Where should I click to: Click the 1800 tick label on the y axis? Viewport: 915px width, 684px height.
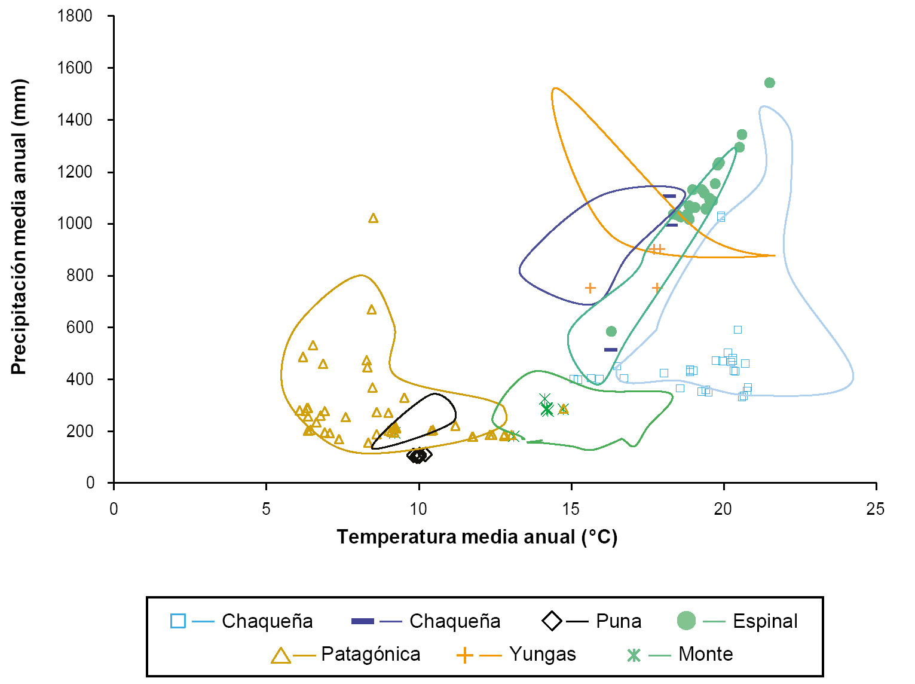pos(75,16)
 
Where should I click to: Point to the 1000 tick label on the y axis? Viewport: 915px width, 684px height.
pos(75,224)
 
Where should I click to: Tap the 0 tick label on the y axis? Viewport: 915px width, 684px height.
pos(90,483)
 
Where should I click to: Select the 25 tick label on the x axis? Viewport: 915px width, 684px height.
pos(876,509)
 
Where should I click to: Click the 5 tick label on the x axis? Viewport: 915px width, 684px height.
pos(266,509)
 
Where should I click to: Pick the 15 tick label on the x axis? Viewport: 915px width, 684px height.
pos(571,509)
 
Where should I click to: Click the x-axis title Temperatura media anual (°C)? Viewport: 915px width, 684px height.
pos(477,537)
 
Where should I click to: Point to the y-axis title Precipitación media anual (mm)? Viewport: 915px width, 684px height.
pos(19,227)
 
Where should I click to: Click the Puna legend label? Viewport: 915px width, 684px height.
pos(619,621)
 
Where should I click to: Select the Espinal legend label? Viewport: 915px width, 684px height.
pos(765,621)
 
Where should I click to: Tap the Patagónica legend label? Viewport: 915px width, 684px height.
pos(371,654)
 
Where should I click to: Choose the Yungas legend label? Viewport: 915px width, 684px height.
pos(543,654)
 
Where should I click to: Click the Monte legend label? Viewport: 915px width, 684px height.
pos(705,654)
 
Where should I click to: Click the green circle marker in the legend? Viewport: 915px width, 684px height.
pos(686,621)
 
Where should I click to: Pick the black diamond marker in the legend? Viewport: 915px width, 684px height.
pos(552,621)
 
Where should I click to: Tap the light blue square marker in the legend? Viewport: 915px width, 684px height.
pos(178,621)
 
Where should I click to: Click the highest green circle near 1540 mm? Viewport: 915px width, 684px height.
pos(770,83)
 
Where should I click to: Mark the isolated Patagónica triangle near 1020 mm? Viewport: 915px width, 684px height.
pos(374,218)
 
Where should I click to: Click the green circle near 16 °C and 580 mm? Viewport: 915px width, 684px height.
pos(611,331)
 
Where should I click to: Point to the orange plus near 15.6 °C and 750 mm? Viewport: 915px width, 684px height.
pos(590,288)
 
